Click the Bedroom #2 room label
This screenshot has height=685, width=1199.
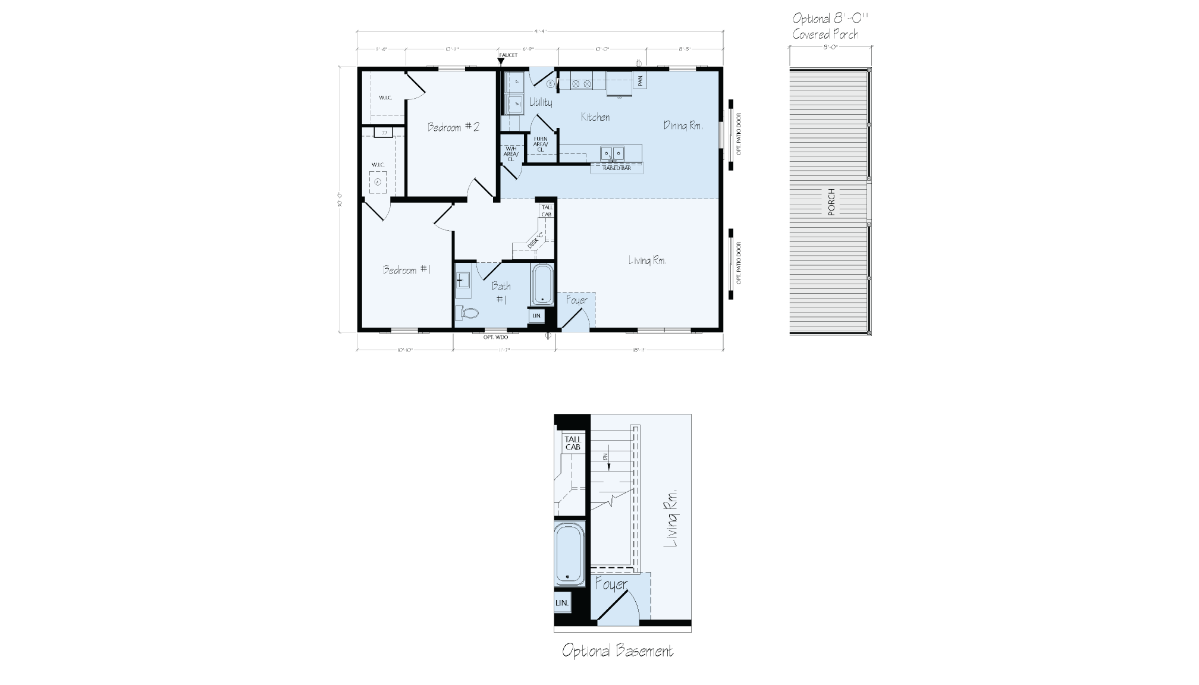[453, 127]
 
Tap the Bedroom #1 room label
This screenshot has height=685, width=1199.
[407, 270]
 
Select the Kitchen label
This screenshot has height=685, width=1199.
[595, 117]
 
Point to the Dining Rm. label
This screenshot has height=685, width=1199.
[683, 125]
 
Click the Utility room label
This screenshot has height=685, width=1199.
[541, 102]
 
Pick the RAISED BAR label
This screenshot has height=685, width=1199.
[617, 169]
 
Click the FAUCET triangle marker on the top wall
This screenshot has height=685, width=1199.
[501, 61]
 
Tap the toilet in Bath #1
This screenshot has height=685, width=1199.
[468, 312]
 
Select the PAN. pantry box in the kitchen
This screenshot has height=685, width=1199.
[640, 80]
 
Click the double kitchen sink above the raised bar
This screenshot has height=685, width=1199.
[612, 154]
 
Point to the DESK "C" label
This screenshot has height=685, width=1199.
[536, 239]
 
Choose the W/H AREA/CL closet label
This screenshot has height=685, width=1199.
[510, 154]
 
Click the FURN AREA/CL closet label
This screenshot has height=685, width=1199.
[541, 144]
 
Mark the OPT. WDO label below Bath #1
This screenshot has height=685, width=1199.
[495, 338]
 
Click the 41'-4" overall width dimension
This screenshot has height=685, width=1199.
[540, 31]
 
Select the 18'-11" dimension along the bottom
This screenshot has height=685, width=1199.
[639, 350]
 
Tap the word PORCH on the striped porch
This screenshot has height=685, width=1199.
[831, 202]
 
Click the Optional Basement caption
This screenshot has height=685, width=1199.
[617, 651]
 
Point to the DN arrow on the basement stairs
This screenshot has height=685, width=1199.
[607, 460]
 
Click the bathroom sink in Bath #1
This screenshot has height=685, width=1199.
[463, 279]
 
